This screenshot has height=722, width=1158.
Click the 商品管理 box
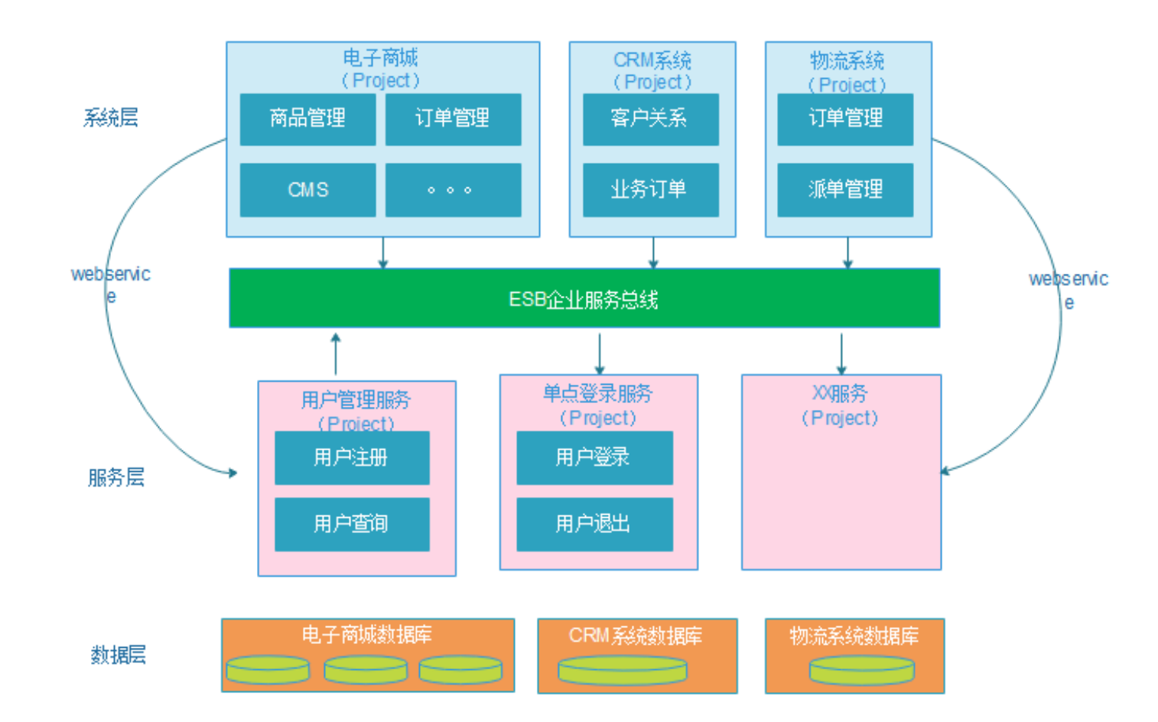(307, 119)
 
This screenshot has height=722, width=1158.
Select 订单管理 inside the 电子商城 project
(453, 119)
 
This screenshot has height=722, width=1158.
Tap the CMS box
(307, 190)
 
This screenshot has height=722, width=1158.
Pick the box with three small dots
(453, 190)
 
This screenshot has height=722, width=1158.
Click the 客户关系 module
(650, 119)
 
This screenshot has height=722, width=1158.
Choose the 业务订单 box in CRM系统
(650, 190)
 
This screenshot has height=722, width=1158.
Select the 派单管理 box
(845, 190)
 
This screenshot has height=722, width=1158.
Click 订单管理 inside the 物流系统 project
(845, 119)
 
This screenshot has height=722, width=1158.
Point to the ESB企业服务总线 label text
(583, 299)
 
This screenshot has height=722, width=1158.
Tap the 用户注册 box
(352, 457)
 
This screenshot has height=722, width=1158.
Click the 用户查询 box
(352, 524)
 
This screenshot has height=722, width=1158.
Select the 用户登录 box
(594, 457)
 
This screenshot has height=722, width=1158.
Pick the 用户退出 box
(594, 524)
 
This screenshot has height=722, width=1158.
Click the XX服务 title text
(840, 394)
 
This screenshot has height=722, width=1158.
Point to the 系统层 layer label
(111, 118)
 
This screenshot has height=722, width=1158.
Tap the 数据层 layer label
(118, 655)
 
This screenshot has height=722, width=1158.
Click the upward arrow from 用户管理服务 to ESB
(336, 353)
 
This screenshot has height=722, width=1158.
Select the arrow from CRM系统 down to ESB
(653, 252)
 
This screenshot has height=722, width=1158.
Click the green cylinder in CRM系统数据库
(623, 671)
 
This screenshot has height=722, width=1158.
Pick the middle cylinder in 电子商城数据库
(366, 670)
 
